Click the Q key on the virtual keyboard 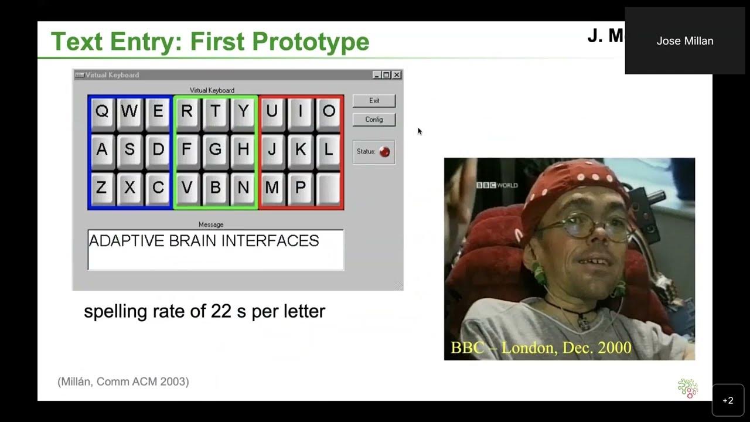102,111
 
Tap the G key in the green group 215,149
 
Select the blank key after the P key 329,188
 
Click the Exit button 374,101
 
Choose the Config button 374,120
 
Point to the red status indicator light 384,152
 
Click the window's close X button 397,75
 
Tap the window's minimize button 377,75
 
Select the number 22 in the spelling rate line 221,311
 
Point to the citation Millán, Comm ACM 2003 123,382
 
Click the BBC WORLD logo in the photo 497,185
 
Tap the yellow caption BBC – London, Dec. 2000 541,348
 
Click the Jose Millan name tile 685,41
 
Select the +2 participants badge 728,400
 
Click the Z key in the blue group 102,188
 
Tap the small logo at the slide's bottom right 687,388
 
